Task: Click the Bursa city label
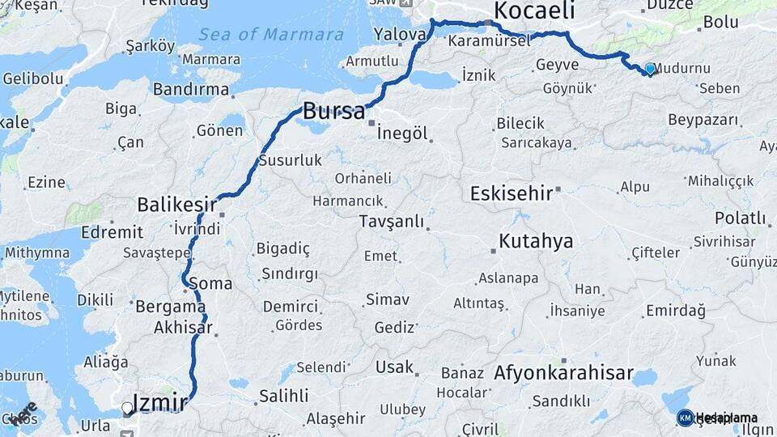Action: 333,111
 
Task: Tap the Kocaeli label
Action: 534,11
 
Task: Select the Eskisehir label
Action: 512,193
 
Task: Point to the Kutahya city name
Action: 536,241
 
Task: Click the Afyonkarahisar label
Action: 564,373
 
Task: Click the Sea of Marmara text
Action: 271,35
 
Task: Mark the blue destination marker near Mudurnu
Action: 649,69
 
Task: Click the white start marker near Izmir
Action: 127,409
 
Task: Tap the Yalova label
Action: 401,35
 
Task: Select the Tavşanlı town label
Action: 392,221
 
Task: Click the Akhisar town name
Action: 183,328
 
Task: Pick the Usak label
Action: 394,367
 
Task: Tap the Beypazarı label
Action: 703,120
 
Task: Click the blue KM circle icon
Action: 685,418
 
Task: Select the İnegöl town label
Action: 402,134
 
